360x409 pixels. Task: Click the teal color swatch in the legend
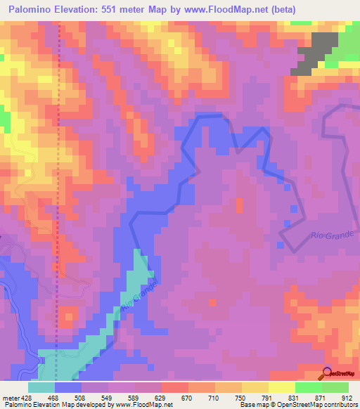pos(41,387)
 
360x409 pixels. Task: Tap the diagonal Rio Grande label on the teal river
pos(138,295)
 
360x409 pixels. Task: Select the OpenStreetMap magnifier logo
pos(328,372)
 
